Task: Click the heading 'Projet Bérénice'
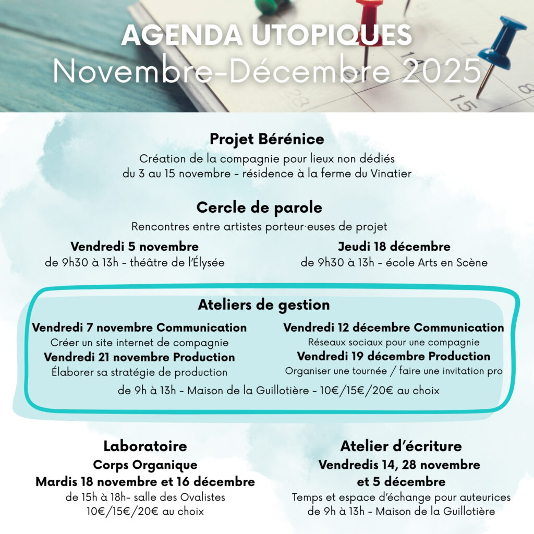266,140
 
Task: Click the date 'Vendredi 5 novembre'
135,246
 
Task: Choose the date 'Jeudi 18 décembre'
394,246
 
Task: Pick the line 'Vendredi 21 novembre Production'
139,357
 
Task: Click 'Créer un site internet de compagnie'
139,343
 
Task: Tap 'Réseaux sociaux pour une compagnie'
394,343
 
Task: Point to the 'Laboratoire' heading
145,446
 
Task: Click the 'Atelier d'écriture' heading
401,446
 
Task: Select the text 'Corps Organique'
145,465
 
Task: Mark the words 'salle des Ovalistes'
184,497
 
